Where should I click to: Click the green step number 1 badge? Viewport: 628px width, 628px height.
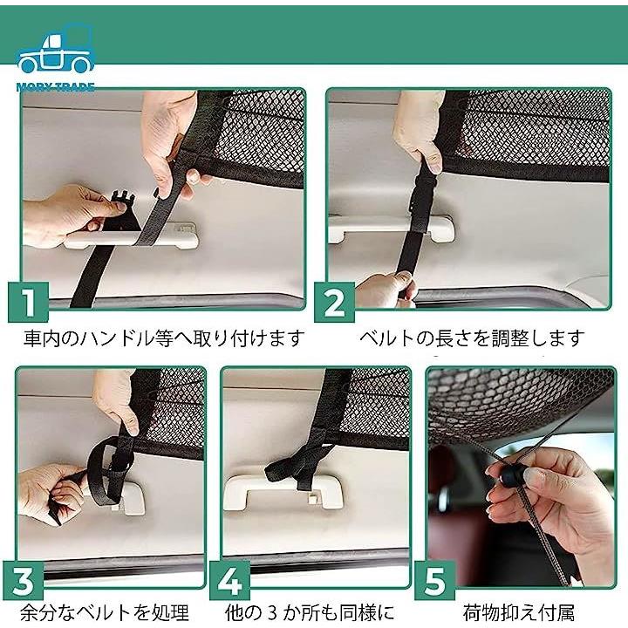29,302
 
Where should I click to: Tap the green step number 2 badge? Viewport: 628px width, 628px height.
334,302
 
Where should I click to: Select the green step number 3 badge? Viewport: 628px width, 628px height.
24,580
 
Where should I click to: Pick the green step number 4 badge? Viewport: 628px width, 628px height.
230,580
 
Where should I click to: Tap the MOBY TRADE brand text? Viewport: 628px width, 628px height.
55,87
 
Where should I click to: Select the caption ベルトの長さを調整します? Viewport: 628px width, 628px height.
472,338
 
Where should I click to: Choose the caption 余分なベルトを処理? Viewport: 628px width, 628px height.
105,613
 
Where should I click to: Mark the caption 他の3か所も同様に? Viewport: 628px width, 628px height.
310,613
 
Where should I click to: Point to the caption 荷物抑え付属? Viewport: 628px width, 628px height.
519,613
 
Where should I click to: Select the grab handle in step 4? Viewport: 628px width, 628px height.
277,493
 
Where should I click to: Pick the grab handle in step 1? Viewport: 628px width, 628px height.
132,237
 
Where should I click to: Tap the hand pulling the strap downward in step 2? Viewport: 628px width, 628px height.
386,290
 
